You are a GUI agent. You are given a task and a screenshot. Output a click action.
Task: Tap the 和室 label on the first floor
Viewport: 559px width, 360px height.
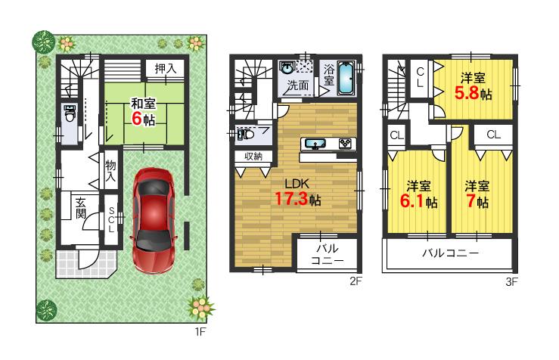(x=143, y=104)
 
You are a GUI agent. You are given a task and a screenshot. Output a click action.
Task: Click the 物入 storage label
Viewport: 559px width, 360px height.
(x=110, y=170)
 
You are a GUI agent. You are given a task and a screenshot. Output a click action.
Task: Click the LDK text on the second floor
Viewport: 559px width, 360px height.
(x=296, y=182)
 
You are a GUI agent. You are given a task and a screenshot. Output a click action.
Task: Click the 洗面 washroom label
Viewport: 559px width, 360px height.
(x=297, y=85)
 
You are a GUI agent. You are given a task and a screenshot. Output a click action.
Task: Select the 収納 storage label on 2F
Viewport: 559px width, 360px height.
(x=253, y=157)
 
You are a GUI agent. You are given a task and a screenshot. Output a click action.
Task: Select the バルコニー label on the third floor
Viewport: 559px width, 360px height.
(x=449, y=253)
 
